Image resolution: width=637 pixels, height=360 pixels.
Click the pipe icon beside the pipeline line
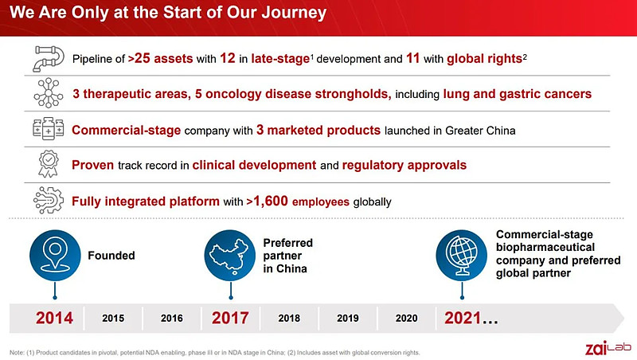49,58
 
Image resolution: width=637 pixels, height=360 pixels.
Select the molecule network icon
49,93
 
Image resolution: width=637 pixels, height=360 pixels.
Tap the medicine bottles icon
49,128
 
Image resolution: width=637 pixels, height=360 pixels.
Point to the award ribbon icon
49,164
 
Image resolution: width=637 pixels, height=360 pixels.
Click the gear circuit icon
49,200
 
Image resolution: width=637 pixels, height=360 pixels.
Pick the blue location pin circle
55,255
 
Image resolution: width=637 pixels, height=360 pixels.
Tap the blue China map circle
230,255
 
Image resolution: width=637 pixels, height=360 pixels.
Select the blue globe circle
462,255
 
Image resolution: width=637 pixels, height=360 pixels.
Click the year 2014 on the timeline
54,318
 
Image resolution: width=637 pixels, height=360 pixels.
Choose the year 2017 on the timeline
230,318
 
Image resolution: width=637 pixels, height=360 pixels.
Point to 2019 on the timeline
348,318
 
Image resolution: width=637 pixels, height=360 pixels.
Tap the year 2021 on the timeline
463,318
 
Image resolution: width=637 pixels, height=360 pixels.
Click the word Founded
111,256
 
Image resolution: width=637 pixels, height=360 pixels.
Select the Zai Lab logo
608,348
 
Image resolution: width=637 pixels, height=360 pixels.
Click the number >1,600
267,202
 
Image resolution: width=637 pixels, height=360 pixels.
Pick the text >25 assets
161,58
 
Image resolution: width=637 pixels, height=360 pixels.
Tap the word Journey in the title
294,13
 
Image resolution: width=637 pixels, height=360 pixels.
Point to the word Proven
92,165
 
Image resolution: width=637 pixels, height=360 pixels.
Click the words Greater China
480,131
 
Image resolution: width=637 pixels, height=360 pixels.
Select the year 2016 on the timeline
172,318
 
